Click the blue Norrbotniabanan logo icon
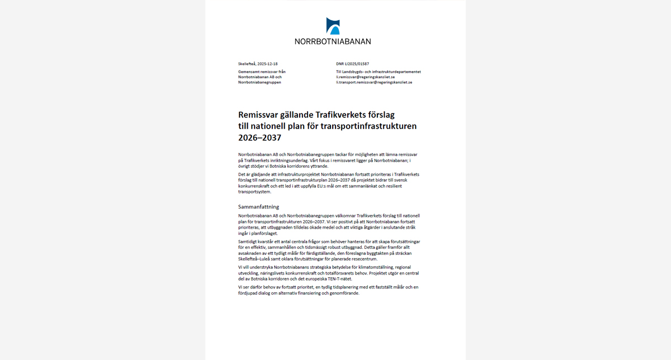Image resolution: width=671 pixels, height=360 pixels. coord(333,26)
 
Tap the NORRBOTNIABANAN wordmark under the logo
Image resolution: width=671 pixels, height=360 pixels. coord(333,41)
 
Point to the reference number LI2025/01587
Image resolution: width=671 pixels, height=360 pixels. coord(356,64)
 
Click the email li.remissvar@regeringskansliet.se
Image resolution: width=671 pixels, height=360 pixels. coord(365,77)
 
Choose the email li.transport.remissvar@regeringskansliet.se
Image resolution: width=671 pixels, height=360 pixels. coord(374,82)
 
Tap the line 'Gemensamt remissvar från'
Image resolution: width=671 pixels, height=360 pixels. coord(262,72)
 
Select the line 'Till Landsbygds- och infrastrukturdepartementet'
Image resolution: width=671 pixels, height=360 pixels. coord(378,72)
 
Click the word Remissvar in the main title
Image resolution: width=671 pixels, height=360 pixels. coord(263,115)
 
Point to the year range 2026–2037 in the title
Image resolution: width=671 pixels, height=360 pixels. coord(259,138)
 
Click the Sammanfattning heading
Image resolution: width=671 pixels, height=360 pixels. coord(258,207)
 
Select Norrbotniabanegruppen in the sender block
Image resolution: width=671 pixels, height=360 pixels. coord(259,82)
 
